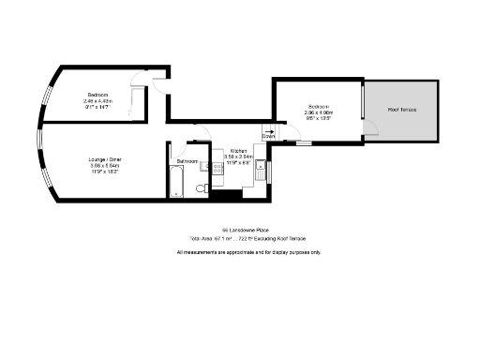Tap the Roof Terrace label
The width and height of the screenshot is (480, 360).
403,110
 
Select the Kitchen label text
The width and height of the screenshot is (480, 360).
238,151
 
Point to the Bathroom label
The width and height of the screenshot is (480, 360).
187,161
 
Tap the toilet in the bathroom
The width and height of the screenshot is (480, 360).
201,190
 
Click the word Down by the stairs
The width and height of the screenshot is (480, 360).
268,137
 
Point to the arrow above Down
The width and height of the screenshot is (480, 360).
268,130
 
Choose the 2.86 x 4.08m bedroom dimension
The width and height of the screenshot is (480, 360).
320,112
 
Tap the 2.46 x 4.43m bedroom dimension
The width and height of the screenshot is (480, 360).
98,101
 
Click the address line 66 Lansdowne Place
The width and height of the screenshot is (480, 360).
239,229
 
